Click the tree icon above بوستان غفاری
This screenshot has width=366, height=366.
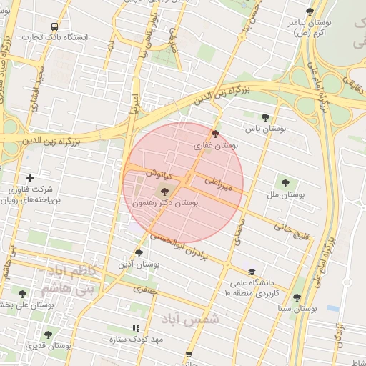click(215, 134)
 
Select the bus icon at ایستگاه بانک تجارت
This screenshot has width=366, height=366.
click(55, 26)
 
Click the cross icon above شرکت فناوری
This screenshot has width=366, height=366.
click(30, 178)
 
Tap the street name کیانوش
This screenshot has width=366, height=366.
click(159, 173)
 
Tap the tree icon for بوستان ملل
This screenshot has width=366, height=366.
click(286, 183)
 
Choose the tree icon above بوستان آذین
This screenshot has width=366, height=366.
click(139, 253)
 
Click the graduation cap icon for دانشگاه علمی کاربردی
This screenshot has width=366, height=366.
click(251, 272)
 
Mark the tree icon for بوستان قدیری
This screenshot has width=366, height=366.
click(48, 335)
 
